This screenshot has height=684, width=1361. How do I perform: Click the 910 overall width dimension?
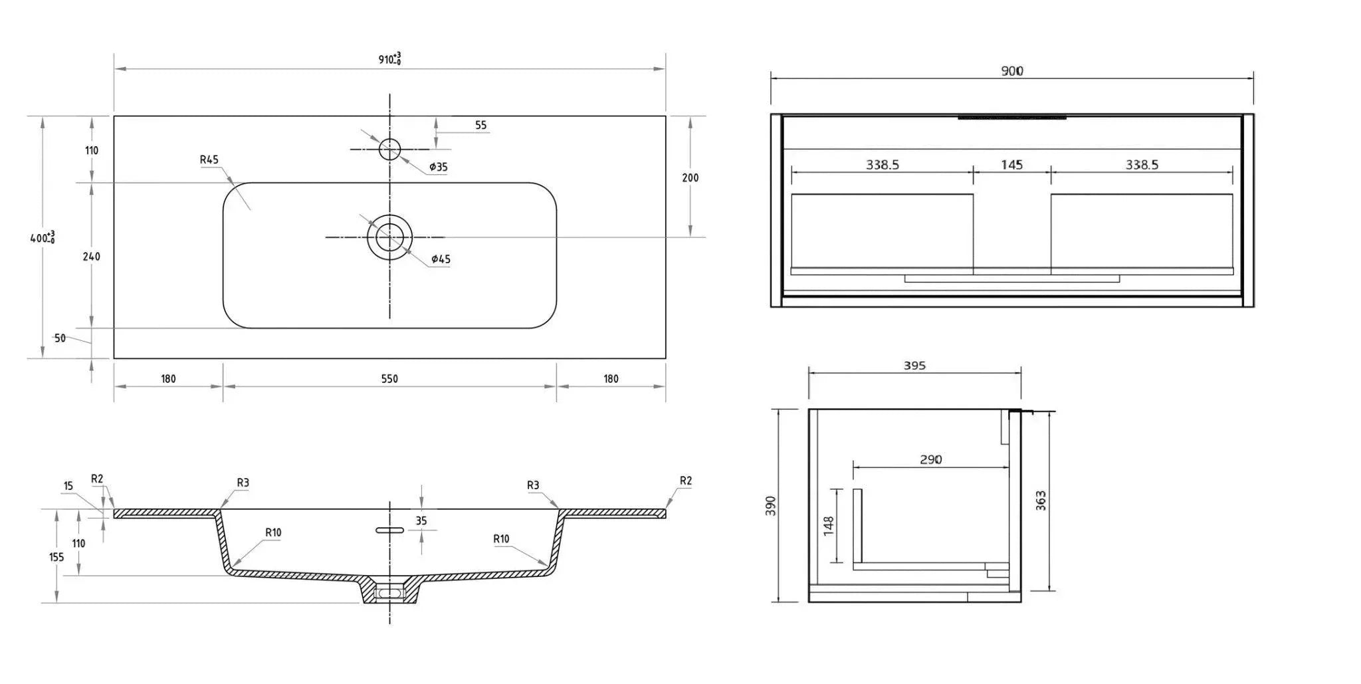tap(389, 59)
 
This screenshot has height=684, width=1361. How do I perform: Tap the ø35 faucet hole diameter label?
tap(438, 167)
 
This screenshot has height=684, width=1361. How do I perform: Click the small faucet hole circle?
tap(390, 149)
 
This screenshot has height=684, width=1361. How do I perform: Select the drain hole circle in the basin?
tap(390, 237)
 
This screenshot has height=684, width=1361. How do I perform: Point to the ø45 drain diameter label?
tap(441, 259)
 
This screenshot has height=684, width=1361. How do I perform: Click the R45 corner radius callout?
tap(209, 160)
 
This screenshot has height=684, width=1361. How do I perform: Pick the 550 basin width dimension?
tap(389, 379)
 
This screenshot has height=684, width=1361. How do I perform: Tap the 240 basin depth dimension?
tap(92, 257)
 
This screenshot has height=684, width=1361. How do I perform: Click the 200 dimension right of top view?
tap(690, 177)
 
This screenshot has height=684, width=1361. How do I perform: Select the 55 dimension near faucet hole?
tap(480, 125)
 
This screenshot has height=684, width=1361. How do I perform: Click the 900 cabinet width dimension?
tap(1012, 71)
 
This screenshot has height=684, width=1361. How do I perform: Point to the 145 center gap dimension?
tap(1011, 165)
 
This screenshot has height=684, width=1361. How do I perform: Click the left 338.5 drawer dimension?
tap(882, 165)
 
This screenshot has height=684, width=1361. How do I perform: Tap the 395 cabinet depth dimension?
tap(914, 366)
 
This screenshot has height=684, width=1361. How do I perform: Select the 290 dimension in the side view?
tap(930, 459)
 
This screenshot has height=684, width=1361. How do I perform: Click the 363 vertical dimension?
tap(1041, 501)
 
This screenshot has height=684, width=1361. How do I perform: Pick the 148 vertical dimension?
tap(829, 526)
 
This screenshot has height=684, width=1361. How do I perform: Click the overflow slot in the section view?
tap(390, 530)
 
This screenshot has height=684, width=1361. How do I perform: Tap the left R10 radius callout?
tap(272, 532)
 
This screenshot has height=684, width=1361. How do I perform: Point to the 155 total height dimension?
tap(56, 556)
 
